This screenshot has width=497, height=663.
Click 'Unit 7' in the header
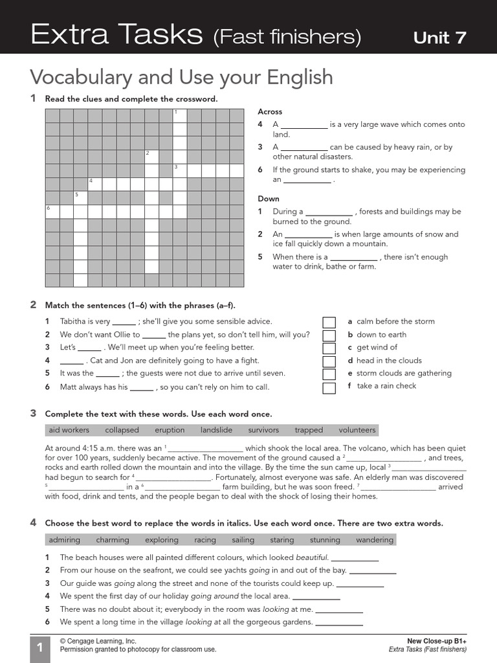[x=439, y=38]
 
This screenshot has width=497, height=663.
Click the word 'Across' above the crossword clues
[x=270, y=111]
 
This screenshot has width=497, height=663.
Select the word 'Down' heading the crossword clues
[x=269, y=199]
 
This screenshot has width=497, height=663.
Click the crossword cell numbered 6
[x=52, y=212]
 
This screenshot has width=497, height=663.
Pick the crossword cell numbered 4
[x=94, y=184]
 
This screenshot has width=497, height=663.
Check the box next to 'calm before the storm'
[x=329, y=322]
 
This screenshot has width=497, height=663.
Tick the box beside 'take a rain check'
[x=329, y=388]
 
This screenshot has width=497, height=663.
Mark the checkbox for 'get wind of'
[x=329, y=348]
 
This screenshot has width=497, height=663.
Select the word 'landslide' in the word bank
[x=216, y=430]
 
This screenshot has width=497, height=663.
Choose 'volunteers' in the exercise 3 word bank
[x=357, y=430]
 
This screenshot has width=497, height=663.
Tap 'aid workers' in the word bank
[x=69, y=430]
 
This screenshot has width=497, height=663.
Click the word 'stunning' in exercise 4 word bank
[x=325, y=540]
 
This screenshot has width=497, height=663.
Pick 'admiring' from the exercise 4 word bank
[x=65, y=540]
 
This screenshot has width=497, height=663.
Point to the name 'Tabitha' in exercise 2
[x=73, y=321]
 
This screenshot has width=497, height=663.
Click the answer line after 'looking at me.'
[x=339, y=611]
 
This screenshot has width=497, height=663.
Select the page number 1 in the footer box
[x=39, y=647]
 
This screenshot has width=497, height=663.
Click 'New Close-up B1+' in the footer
[x=437, y=641]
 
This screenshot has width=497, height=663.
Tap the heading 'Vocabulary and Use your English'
[x=181, y=77]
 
